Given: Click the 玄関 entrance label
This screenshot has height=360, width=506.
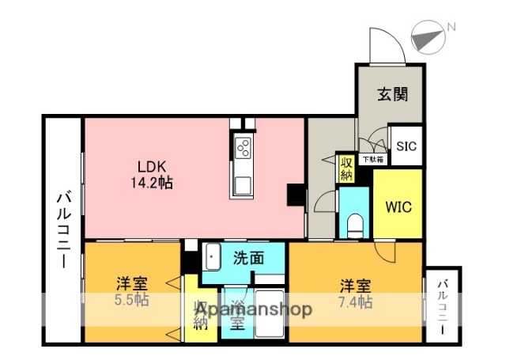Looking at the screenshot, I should coord(391,95).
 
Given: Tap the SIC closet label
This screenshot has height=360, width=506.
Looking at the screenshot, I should coord(406,146).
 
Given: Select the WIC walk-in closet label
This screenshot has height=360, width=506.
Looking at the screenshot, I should coord(398,207).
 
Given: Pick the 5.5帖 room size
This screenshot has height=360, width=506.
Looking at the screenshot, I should coord(130,301).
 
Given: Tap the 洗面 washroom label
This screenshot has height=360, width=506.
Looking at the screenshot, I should coord(247,257).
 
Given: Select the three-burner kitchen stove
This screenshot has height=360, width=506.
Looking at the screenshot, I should coord(242,147).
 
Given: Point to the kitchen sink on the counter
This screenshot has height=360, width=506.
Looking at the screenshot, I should coord(242,187).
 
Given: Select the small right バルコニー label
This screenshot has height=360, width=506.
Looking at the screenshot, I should coord(443,306).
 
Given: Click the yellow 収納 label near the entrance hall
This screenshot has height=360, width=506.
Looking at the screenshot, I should coord(346,168).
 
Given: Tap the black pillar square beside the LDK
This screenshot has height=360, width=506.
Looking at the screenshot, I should coord(296,195).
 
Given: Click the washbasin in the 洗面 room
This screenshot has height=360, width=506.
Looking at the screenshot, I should coord(213,257).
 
